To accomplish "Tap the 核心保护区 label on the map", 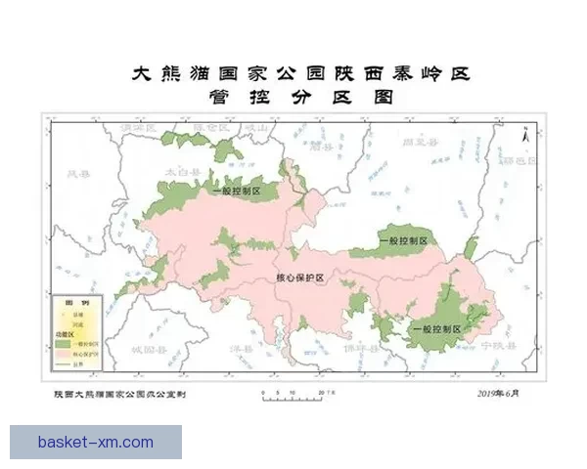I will pyautogui.click(x=301, y=278).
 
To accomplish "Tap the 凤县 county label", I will pyautogui.click(x=77, y=174).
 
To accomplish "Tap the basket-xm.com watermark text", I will pyautogui.click(x=96, y=442).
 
